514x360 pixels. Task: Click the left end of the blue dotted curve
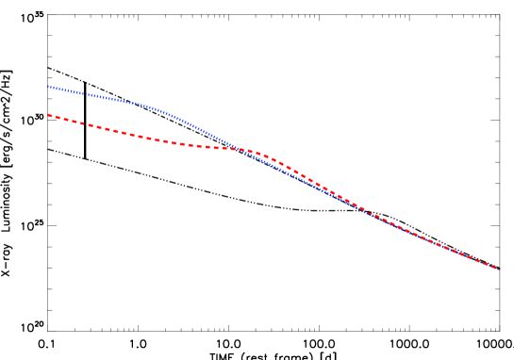(x=48, y=87)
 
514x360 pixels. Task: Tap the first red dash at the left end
(x=50, y=116)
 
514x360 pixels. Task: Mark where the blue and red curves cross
(x=241, y=149)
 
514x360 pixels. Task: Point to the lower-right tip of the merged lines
(x=498, y=270)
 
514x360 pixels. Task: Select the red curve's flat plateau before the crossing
(x=212, y=147)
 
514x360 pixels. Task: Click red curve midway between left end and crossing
(x=141, y=136)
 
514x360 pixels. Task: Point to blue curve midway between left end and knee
(x=102, y=96)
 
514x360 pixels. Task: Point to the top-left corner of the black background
(x=1, y=1)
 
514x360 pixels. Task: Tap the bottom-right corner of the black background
(x=512, y=358)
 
